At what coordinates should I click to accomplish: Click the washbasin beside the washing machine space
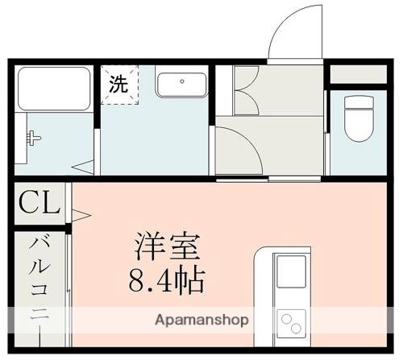point(181,84)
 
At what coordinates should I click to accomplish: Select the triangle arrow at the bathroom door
point(83,168)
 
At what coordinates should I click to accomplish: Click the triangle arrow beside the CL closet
point(81,213)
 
